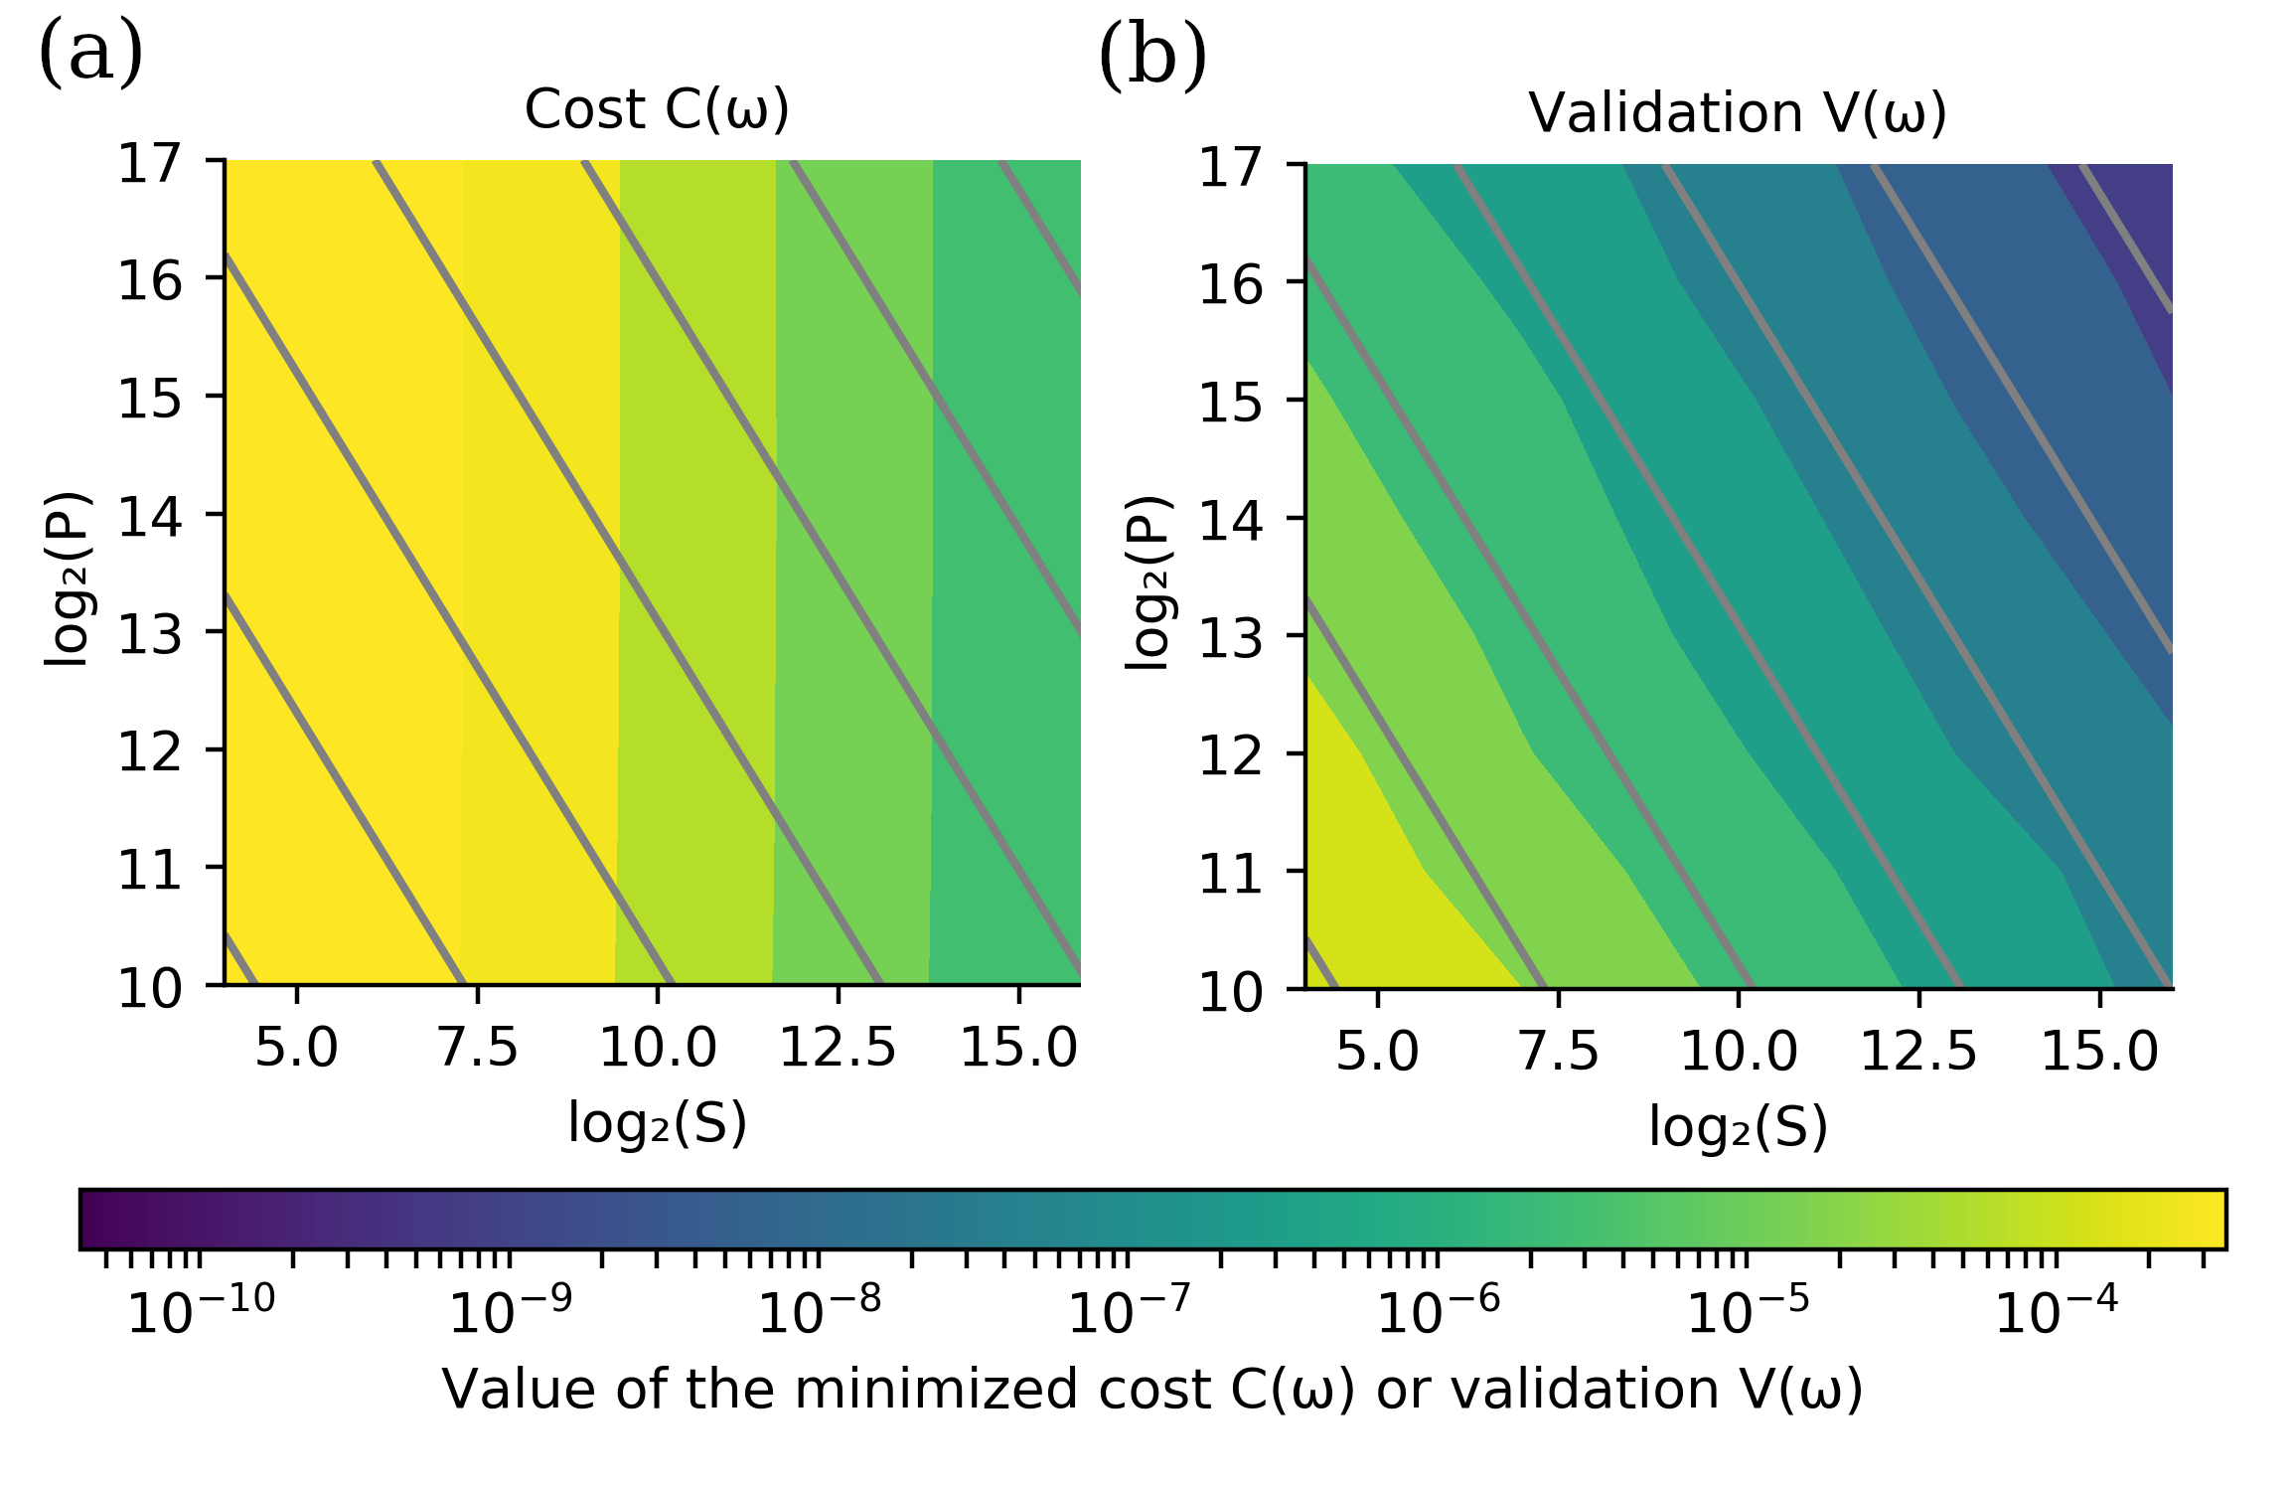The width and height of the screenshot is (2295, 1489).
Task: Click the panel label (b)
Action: (x=1152, y=57)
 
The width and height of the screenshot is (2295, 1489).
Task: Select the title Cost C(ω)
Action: (x=657, y=109)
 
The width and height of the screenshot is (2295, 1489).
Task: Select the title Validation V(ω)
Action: (x=1737, y=113)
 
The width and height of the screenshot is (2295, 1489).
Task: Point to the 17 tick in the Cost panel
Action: (x=150, y=163)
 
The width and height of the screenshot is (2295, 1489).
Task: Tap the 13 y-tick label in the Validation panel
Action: (x=1231, y=637)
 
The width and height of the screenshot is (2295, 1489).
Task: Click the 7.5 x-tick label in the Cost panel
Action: (x=478, y=1049)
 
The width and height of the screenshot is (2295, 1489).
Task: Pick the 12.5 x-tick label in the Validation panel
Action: (x=1918, y=1052)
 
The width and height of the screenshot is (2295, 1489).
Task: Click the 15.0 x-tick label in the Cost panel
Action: (x=1018, y=1049)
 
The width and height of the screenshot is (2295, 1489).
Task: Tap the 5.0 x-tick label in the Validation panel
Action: (x=1377, y=1052)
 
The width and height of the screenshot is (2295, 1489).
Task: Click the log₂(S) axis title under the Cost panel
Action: (x=657, y=1123)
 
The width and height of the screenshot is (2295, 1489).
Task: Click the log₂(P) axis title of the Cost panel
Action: (x=67, y=579)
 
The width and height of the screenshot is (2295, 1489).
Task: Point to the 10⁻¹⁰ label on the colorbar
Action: (x=200, y=1311)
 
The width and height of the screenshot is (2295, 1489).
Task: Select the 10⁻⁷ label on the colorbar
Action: (x=1128, y=1311)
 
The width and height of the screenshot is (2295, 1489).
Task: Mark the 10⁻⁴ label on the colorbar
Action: (x=2056, y=1311)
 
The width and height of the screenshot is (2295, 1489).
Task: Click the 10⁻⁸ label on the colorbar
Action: (x=819, y=1311)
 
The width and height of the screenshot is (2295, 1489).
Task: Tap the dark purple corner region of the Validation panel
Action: (x=2136, y=229)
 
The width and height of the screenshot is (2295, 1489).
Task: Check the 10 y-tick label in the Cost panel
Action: (x=150, y=988)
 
